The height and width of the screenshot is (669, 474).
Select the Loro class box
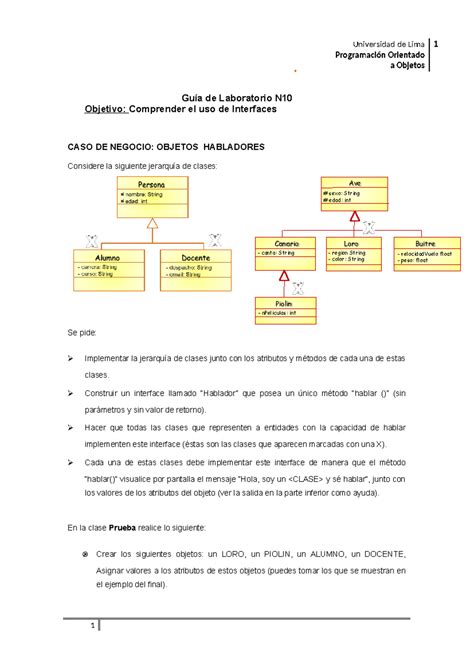pyautogui.click(x=350, y=249)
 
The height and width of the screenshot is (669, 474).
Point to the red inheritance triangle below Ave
pyautogui.click(x=352, y=214)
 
